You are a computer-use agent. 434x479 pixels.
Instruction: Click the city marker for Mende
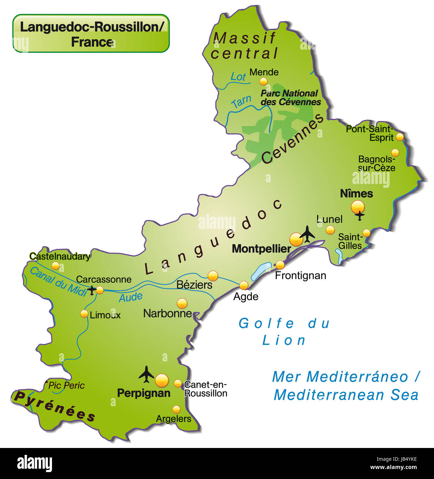pyautogui.click(x=263, y=81)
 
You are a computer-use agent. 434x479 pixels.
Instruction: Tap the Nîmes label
pyautogui.click(x=356, y=194)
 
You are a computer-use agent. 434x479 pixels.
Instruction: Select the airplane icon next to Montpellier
pyautogui.click(x=307, y=234)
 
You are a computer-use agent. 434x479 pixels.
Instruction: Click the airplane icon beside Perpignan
pyautogui.click(x=146, y=374)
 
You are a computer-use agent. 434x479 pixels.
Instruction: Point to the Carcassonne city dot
pyautogui.click(x=100, y=290)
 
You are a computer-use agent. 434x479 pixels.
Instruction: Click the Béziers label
pyautogui.click(x=194, y=285)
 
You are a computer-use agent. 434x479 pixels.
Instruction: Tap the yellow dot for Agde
pyautogui.click(x=244, y=285)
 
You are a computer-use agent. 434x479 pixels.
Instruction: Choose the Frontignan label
pyautogui.click(x=300, y=276)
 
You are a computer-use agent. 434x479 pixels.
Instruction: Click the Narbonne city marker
pyautogui.click(x=182, y=303)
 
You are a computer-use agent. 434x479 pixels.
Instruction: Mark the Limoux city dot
pyautogui.click(x=84, y=314)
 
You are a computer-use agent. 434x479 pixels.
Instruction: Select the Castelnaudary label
pyautogui.click(x=60, y=256)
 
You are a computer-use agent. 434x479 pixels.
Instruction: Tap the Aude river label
pyautogui.click(x=131, y=297)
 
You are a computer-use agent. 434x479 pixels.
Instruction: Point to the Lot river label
pyautogui.click(x=238, y=77)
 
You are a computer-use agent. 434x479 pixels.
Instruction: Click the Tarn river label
pyautogui.click(x=241, y=102)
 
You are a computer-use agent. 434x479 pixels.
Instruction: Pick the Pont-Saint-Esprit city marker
pyautogui.click(x=400, y=137)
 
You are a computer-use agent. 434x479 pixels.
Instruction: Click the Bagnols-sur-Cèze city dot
pyautogui.click(x=395, y=152)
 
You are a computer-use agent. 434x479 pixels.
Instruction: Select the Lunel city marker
pyautogui.click(x=330, y=230)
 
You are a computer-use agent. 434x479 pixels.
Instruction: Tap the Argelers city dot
pyautogui.click(x=176, y=409)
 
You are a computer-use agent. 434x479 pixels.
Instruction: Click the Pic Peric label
pyautogui.click(x=66, y=385)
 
